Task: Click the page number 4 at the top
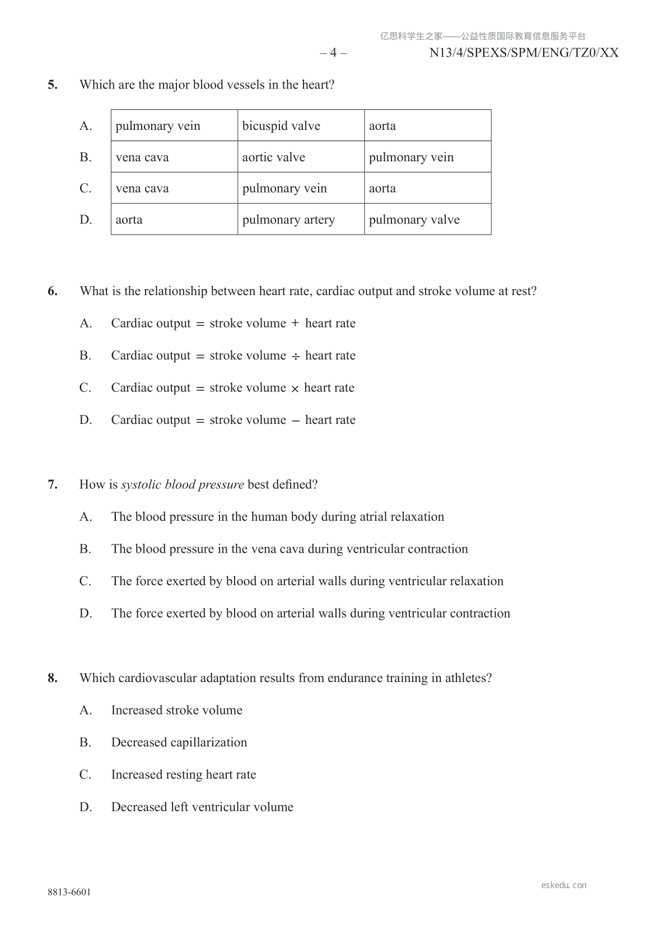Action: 333,53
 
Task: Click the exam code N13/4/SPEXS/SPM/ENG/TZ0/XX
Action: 524,53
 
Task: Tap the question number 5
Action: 52,85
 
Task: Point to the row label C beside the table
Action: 85,188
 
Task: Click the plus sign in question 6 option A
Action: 295,324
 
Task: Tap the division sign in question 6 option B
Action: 295,356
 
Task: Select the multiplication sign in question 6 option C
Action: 295,389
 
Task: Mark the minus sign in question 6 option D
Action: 295,421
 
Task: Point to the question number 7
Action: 52,484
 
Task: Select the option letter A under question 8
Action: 85,710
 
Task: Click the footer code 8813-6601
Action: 69,892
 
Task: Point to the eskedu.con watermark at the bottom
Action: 564,885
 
